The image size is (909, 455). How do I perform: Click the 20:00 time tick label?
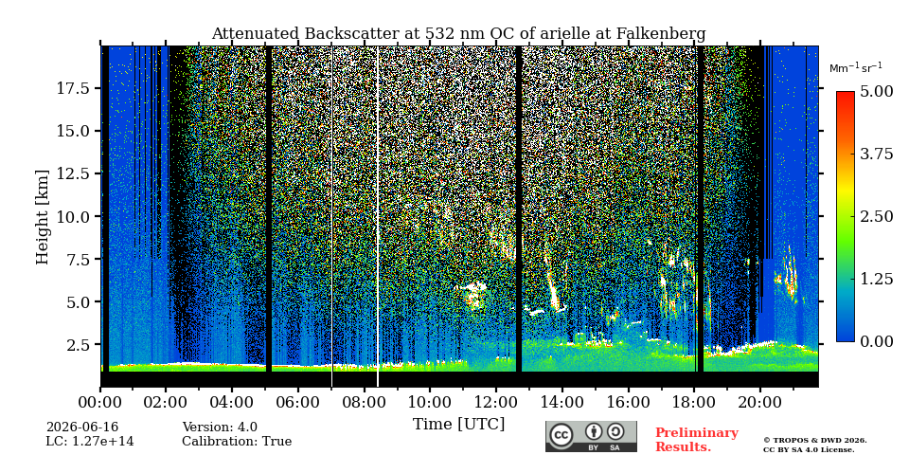(x=760, y=402)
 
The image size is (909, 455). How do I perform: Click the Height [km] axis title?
(x=43, y=216)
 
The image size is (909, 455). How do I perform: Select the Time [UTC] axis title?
(x=458, y=425)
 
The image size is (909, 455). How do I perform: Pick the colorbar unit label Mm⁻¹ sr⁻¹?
(x=856, y=68)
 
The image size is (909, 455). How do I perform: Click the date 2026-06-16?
(x=81, y=428)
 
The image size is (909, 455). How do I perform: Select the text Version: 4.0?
(x=220, y=428)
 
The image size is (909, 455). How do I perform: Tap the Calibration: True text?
(x=237, y=442)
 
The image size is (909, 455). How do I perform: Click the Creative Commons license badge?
(x=591, y=436)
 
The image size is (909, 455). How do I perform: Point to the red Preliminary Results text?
(x=697, y=440)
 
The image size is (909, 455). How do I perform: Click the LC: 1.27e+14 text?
(x=90, y=442)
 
